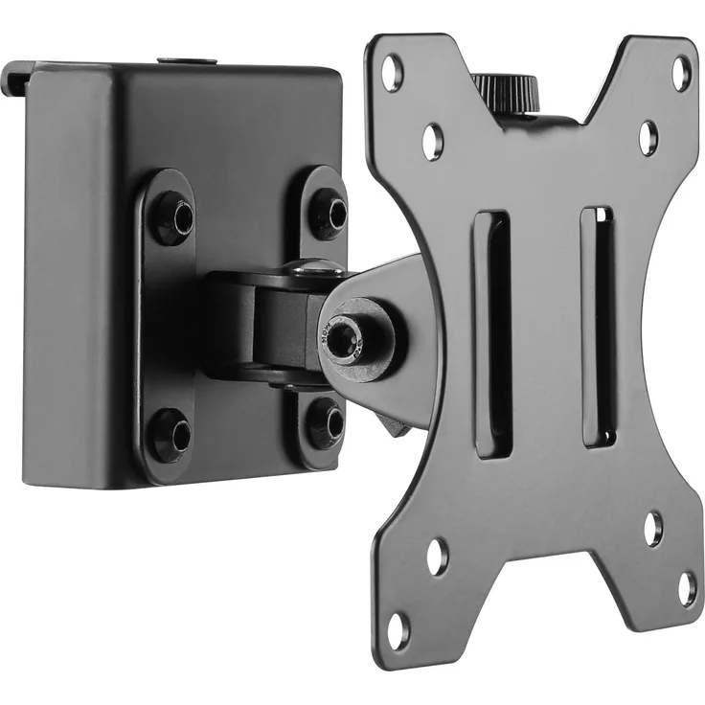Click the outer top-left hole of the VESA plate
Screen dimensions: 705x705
[x=392, y=73]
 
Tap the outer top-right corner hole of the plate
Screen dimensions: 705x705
[x=681, y=73]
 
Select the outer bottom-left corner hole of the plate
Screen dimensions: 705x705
[x=398, y=629]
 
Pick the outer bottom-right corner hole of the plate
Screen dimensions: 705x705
[x=688, y=588]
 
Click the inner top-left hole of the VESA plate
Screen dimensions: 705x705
[x=433, y=141]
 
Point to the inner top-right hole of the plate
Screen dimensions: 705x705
[x=648, y=137]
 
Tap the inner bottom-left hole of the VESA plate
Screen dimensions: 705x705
[x=437, y=557]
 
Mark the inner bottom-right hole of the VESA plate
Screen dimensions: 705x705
[x=653, y=528]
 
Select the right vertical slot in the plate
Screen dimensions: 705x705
[x=597, y=326]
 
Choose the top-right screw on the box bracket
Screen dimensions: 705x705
[x=329, y=214]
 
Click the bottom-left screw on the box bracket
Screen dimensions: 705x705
[x=171, y=434]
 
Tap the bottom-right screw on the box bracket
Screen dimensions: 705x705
[x=325, y=422]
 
